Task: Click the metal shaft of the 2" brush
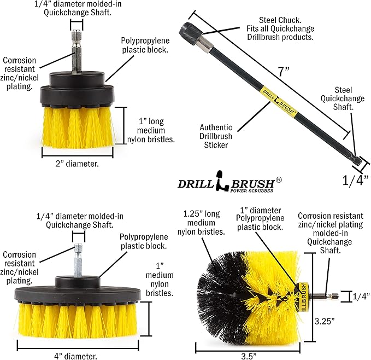click(x=74, y=50)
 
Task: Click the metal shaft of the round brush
click(x=323, y=297)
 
